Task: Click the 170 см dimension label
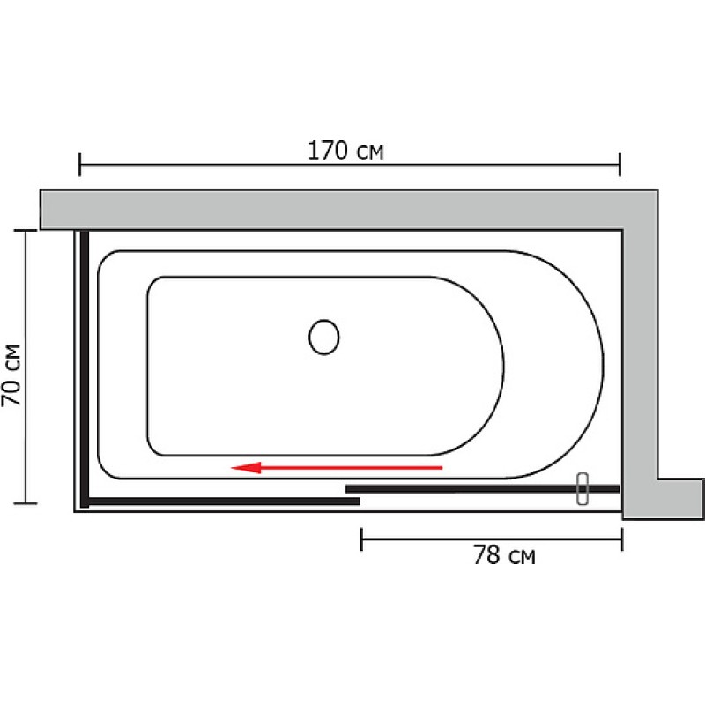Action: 345,151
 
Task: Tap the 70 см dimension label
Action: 11,375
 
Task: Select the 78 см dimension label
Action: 504,555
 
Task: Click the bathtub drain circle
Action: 323,338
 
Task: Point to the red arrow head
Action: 246,468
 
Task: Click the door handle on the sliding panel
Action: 583,489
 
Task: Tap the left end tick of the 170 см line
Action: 79,165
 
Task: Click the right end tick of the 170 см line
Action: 620,165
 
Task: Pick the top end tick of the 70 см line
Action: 26,230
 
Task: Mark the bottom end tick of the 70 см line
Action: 26,503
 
